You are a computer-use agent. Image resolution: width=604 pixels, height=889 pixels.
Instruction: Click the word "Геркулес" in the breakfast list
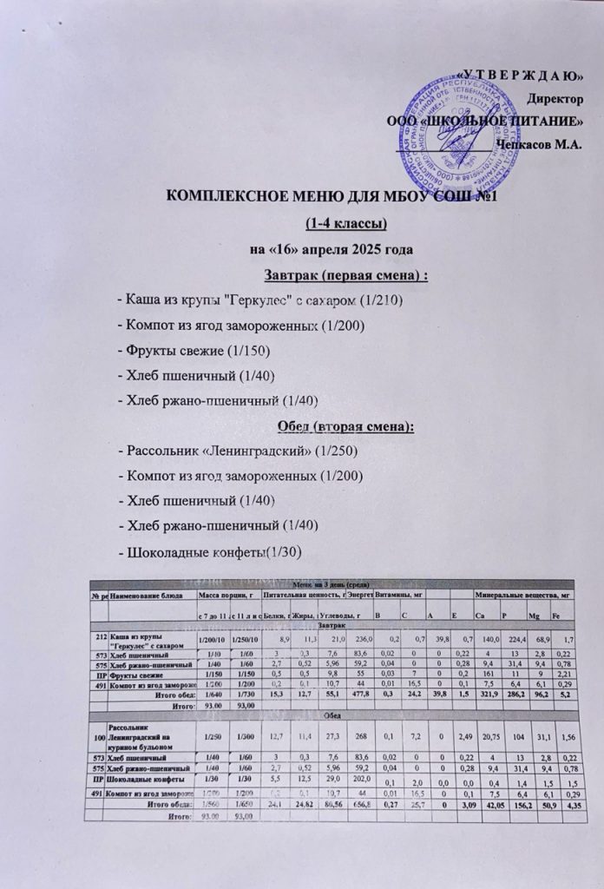pos(272,300)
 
